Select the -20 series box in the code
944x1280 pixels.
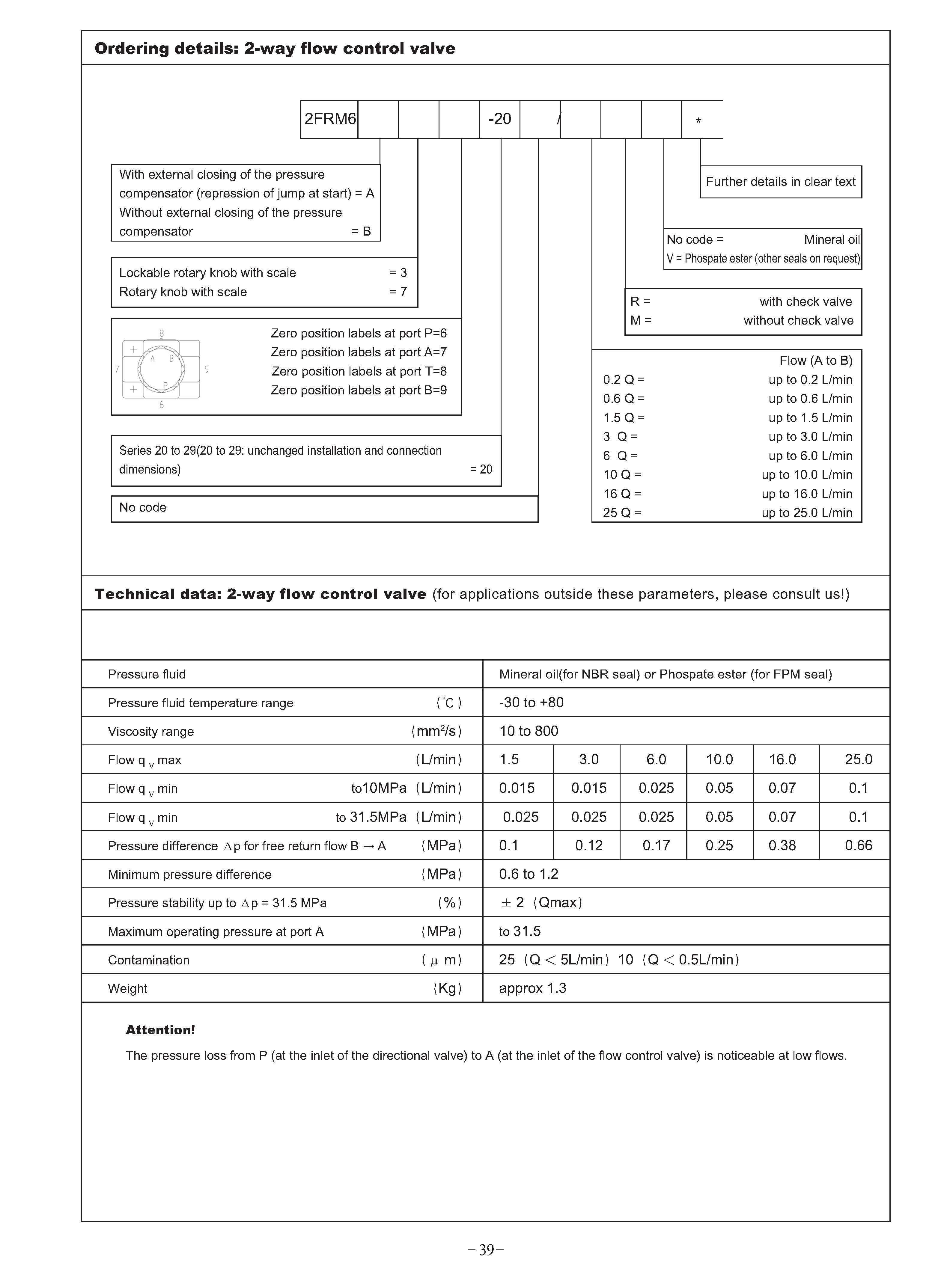[x=499, y=119]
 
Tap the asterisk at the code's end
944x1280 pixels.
[x=698, y=121]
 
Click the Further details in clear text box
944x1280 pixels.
[x=781, y=182]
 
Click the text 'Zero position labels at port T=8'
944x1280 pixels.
[x=359, y=371]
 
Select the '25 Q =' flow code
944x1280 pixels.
[x=622, y=513]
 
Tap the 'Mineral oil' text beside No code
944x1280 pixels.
[x=831, y=239]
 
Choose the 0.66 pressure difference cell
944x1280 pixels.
[x=858, y=845]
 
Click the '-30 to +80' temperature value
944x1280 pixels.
[x=531, y=702]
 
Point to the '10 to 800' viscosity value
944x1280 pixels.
[x=529, y=731]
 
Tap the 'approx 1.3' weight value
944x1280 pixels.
[x=533, y=988]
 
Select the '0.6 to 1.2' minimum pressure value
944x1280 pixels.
[x=529, y=874]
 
